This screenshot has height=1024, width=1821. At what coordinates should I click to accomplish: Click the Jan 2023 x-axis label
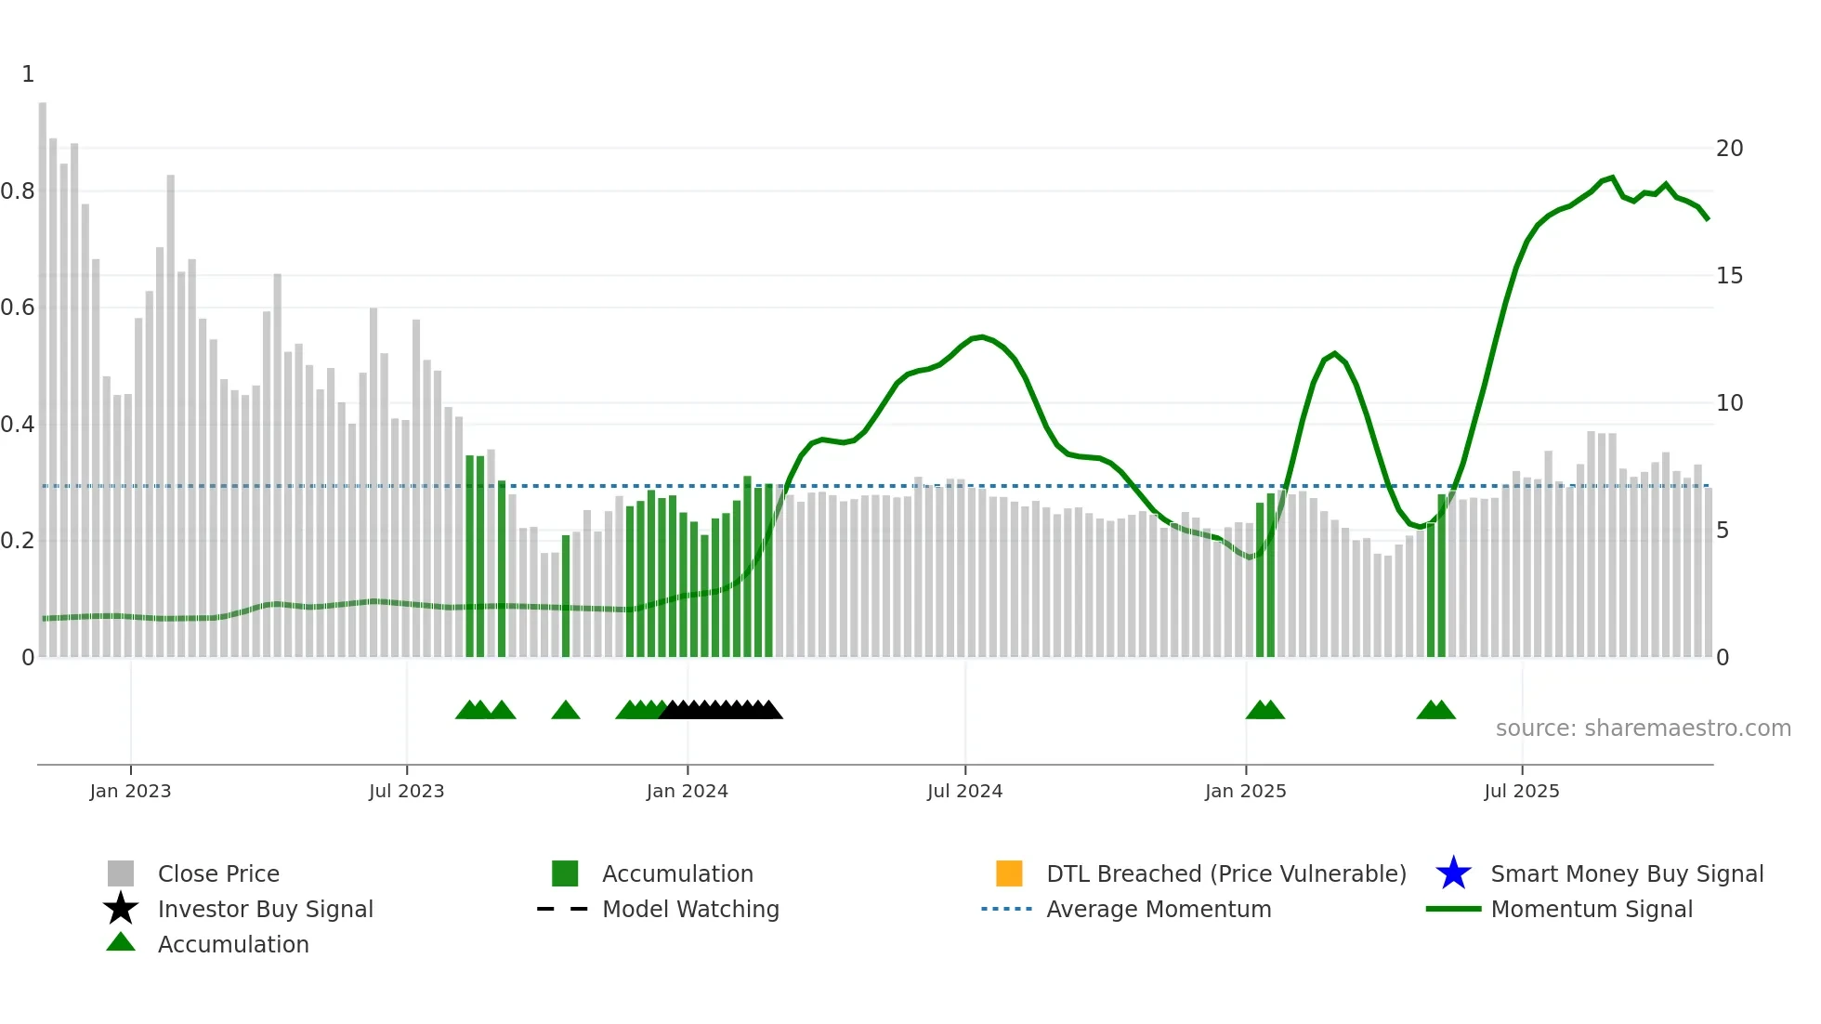coord(130,791)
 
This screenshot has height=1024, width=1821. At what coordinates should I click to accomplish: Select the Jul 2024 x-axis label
coord(964,791)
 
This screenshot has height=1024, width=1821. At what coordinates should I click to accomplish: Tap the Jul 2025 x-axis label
coord(1521,791)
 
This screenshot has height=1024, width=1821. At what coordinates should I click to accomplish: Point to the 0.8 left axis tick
coord(19,191)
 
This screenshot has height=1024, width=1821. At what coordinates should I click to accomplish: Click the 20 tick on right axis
coord(1729,149)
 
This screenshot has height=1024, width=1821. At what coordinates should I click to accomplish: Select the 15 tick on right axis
coord(1729,276)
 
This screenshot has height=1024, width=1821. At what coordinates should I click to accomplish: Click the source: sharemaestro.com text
coord(1643,729)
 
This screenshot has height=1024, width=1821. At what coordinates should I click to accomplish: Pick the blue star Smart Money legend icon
coord(1453,873)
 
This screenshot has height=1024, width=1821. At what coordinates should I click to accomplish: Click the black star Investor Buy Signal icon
coord(121,909)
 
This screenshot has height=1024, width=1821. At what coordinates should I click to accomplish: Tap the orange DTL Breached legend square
coord(1009,873)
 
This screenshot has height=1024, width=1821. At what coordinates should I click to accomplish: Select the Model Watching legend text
coord(690,909)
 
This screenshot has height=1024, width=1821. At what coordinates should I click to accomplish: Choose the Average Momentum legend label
coord(1159,909)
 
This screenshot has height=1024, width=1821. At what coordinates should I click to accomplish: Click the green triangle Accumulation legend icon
coord(121,942)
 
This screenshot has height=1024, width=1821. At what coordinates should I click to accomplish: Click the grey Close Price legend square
coord(121,873)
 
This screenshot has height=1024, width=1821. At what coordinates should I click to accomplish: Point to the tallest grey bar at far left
coord(43,372)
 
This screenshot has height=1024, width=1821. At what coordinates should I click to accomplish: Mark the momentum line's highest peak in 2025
coord(1612,177)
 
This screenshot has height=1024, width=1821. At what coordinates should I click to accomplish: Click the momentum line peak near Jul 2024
coord(981,336)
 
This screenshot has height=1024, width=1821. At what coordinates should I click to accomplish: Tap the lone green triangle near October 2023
coord(565,711)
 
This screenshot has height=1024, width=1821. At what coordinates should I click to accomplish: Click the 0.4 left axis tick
coord(19,425)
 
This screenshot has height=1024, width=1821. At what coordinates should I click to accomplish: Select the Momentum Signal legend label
coord(1592,909)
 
